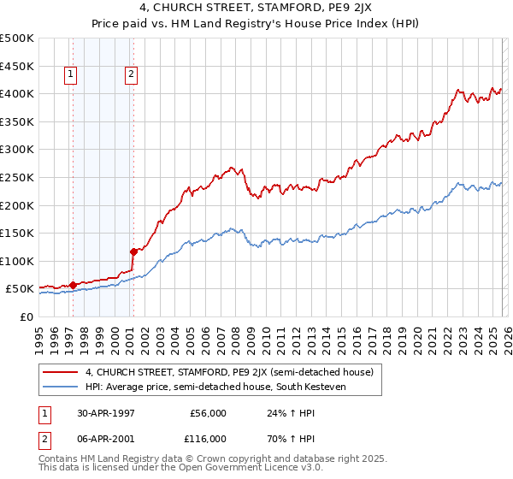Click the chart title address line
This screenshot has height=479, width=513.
(x=256, y=9)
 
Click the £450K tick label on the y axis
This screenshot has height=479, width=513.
(x=17, y=66)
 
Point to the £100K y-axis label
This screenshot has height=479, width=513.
(x=17, y=261)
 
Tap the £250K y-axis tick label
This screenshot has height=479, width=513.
(x=17, y=177)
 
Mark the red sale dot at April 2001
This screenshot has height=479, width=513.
(x=133, y=251)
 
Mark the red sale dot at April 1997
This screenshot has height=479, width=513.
(x=74, y=285)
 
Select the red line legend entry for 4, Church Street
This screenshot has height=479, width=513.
(x=229, y=372)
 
